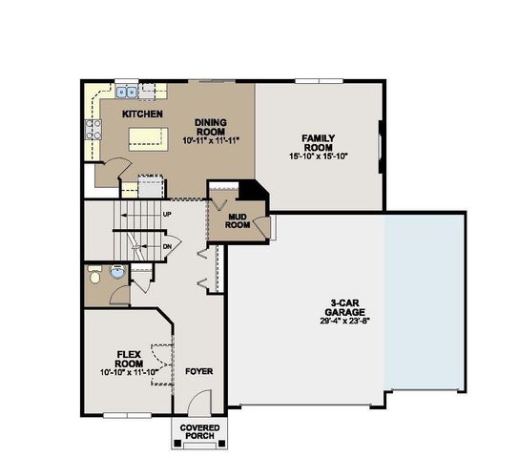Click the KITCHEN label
point(143,114)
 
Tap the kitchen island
point(144,138)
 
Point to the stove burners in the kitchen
point(94,130)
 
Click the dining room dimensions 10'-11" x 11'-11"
point(211,140)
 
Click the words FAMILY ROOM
point(319,143)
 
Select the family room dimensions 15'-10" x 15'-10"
point(319,156)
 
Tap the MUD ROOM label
point(238,221)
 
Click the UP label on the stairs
point(168,215)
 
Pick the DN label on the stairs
point(168,245)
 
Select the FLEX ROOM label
point(128,358)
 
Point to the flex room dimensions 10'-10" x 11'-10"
point(128,372)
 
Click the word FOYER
point(198,371)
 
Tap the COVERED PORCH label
point(198,432)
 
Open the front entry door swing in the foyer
point(198,406)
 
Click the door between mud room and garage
point(272,227)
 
